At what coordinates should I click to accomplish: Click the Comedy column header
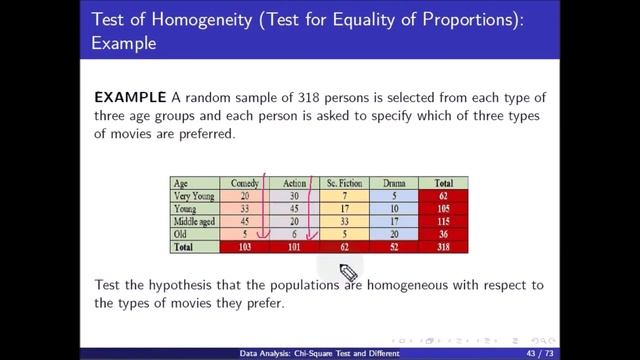tap(245, 184)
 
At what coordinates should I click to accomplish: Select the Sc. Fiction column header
tap(343, 184)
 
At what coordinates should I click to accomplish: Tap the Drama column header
tap(391, 184)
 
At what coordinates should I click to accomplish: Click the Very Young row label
tap(194, 196)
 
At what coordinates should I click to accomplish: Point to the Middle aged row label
tap(196, 221)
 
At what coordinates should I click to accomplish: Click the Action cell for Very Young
tap(294, 196)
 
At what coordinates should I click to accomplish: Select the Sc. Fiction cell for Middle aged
tap(343, 221)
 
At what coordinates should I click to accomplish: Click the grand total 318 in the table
tap(441, 246)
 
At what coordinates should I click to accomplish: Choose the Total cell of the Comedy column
tap(245, 246)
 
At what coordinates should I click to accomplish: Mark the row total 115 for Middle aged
tap(441, 221)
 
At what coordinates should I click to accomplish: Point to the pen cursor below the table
tap(348, 272)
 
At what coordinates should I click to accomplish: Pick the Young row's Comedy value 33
tap(245, 208)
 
